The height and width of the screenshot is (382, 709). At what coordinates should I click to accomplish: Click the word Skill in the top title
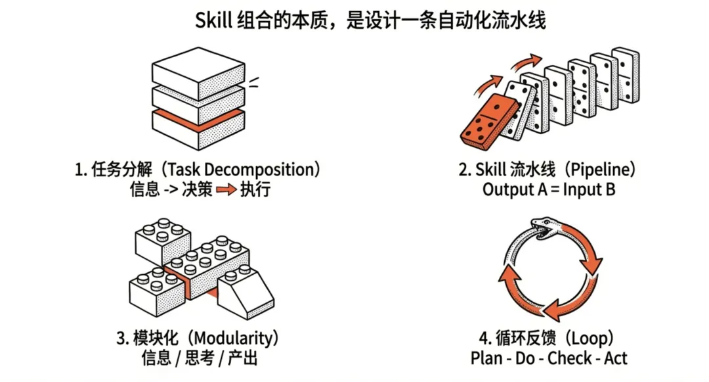click(212, 20)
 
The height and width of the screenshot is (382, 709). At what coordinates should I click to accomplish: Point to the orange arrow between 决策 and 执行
click(226, 190)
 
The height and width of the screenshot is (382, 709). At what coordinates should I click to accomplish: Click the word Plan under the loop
click(486, 359)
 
